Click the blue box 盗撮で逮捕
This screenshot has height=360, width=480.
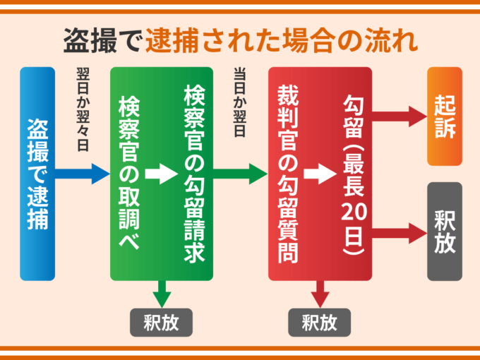tap(37, 174)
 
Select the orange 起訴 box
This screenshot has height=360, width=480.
tap(445, 116)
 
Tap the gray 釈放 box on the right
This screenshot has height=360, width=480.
tap(445, 232)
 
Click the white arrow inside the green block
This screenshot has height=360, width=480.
tap(161, 174)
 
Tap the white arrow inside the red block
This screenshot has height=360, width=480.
tap(319, 174)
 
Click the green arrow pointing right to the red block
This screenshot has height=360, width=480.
tap(241, 173)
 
